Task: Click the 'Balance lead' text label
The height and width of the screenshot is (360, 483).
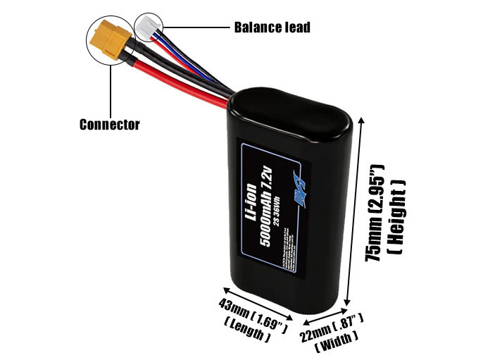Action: (271, 28)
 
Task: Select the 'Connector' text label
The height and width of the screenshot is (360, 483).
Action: (109, 125)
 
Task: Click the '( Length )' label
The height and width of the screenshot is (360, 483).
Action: (247, 330)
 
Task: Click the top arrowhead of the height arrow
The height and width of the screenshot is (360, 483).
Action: (363, 122)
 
